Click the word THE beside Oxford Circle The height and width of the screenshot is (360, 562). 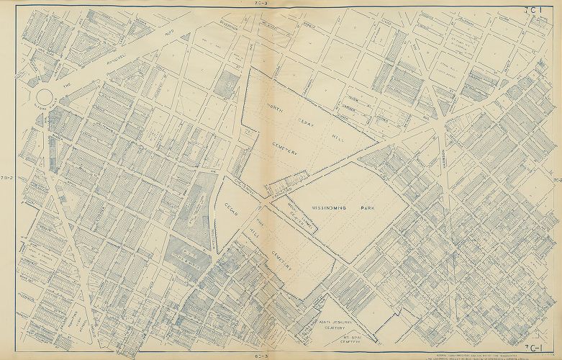pyautogui.click(x=70, y=84)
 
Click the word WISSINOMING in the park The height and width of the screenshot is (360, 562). pyautogui.click(x=330, y=207)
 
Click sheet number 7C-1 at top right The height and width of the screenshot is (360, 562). pyautogui.click(x=532, y=9)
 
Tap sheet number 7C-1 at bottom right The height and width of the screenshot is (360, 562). pyautogui.click(x=535, y=349)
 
